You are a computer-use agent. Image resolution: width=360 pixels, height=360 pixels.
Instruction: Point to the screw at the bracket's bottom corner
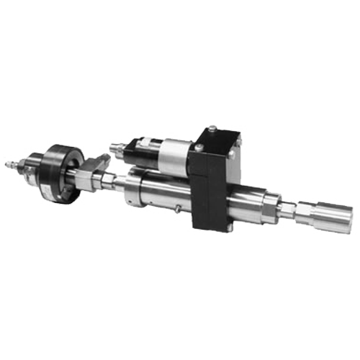[229, 228]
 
